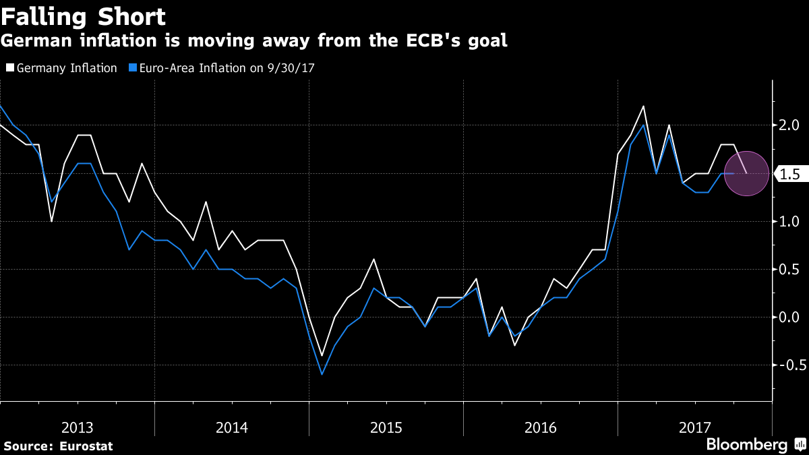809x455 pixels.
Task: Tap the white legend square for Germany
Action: pyautogui.click(x=10, y=68)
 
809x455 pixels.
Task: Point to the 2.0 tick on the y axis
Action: pyautogui.click(x=789, y=125)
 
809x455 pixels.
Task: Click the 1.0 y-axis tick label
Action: pyautogui.click(x=789, y=222)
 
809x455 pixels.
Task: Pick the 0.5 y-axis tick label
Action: pyautogui.click(x=789, y=270)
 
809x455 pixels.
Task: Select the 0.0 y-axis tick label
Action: pyautogui.click(x=789, y=317)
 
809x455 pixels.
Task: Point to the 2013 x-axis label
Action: pyautogui.click(x=78, y=427)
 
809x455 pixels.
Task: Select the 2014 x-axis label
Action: pyautogui.click(x=232, y=427)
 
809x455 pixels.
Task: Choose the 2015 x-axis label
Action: pyautogui.click(x=386, y=427)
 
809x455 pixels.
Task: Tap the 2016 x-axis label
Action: pyautogui.click(x=541, y=427)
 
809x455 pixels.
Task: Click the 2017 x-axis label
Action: pyautogui.click(x=695, y=427)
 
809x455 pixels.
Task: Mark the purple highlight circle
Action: pyautogui.click(x=746, y=174)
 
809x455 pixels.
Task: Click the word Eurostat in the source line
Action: pyautogui.click(x=86, y=446)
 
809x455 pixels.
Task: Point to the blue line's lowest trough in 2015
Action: pyautogui.click(x=322, y=374)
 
